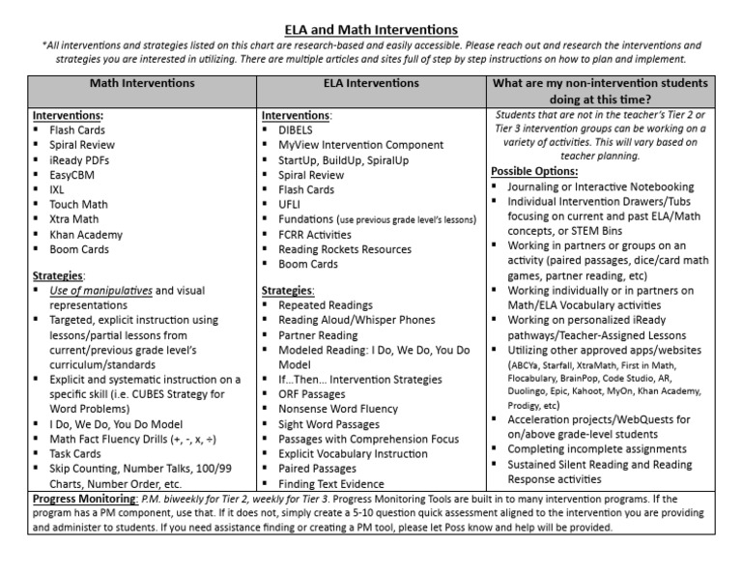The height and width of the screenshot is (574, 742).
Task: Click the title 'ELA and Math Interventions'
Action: tap(370, 30)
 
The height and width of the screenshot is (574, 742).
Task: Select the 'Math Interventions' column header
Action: tap(142, 84)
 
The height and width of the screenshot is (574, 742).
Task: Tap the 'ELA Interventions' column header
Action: tap(371, 84)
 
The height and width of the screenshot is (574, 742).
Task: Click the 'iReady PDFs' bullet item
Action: tap(81, 159)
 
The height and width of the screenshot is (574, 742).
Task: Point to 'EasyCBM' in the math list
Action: tap(74, 175)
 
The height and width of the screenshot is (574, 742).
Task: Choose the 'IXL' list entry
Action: tap(57, 189)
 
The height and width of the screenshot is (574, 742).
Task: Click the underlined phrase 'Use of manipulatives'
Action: tap(100, 291)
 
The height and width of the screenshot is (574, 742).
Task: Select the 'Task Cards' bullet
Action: tap(75, 452)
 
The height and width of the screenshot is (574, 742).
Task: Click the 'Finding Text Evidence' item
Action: tap(331, 484)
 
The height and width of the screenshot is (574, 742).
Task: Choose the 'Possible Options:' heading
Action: tap(533, 171)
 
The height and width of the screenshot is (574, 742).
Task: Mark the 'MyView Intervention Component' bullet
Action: tap(360, 145)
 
